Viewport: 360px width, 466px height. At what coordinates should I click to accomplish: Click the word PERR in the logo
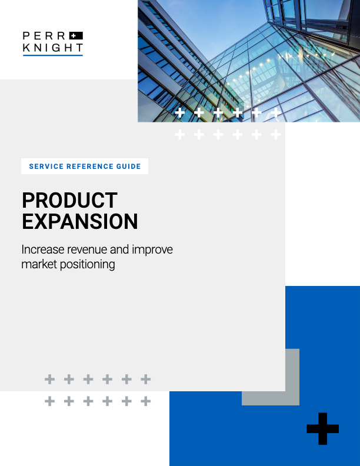click(44, 36)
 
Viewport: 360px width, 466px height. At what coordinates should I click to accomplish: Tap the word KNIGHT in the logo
click(53, 48)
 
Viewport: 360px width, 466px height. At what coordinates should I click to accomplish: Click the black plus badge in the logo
click(76, 36)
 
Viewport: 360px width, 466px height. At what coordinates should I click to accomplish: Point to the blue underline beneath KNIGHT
click(53, 55)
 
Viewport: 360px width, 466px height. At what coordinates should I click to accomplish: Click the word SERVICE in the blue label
click(46, 167)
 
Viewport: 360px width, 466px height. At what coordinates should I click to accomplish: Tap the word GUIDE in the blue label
click(128, 167)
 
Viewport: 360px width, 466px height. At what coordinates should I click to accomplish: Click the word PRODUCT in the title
click(70, 200)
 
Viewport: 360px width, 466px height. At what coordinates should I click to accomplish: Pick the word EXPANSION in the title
click(80, 222)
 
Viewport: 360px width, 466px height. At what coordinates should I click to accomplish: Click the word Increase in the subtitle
click(43, 249)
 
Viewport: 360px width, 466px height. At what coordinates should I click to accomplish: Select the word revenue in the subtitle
click(88, 250)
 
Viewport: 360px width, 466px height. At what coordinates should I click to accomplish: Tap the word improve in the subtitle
click(152, 250)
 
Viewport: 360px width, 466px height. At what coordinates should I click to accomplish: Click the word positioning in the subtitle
click(87, 265)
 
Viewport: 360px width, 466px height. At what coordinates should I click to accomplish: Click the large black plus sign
click(322, 428)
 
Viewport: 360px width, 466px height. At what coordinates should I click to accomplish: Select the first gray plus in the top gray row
click(49, 380)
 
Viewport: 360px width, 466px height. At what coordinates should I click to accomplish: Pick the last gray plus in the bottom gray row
click(145, 401)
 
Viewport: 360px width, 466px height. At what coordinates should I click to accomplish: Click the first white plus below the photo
click(179, 135)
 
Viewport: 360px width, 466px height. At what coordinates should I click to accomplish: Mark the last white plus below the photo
click(276, 135)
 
